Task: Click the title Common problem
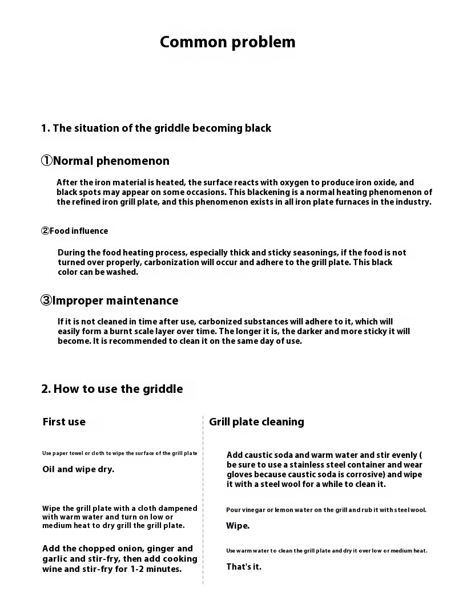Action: (x=227, y=42)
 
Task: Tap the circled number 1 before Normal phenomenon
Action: (x=46, y=161)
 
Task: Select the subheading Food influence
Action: (x=79, y=231)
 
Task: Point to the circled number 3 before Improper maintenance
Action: (x=46, y=301)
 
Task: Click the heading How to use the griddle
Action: (x=112, y=389)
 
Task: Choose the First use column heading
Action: (x=64, y=422)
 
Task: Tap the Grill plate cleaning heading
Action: (x=256, y=422)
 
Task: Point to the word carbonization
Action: (x=172, y=262)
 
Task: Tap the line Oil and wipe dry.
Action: (x=78, y=469)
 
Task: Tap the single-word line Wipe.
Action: (x=237, y=526)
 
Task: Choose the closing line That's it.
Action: (x=244, y=567)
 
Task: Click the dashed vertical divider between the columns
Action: (x=203, y=502)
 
